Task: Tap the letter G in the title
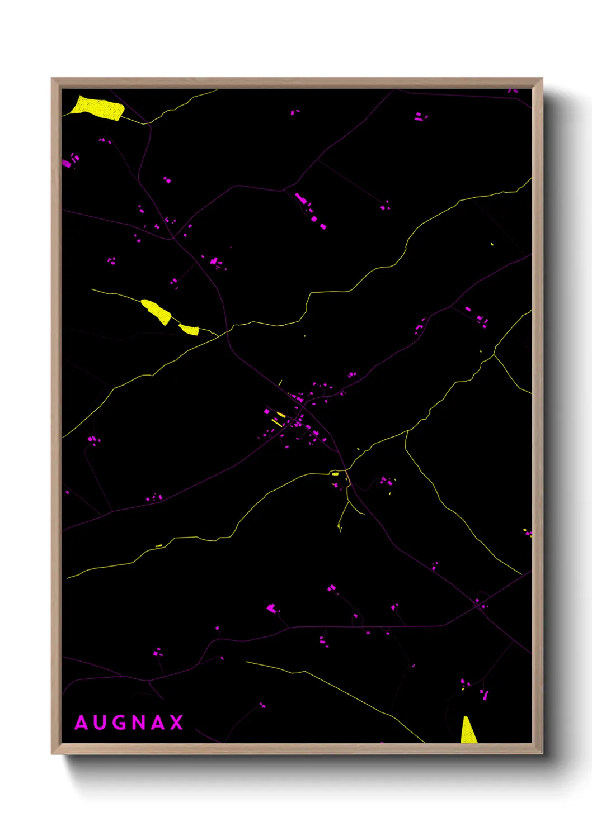(x=119, y=723)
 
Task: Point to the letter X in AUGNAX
(x=177, y=723)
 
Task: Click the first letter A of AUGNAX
(x=81, y=723)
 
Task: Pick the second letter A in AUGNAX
(x=158, y=723)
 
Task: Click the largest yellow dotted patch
(x=99, y=107)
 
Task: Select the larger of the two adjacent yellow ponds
(x=157, y=311)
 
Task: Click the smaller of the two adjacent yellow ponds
(x=189, y=329)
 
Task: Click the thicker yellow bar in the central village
(x=281, y=415)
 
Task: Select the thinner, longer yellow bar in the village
(x=277, y=422)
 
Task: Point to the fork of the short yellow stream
(x=348, y=502)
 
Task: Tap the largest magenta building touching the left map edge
(x=67, y=164)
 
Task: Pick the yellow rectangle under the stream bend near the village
(x=335, y=474)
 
